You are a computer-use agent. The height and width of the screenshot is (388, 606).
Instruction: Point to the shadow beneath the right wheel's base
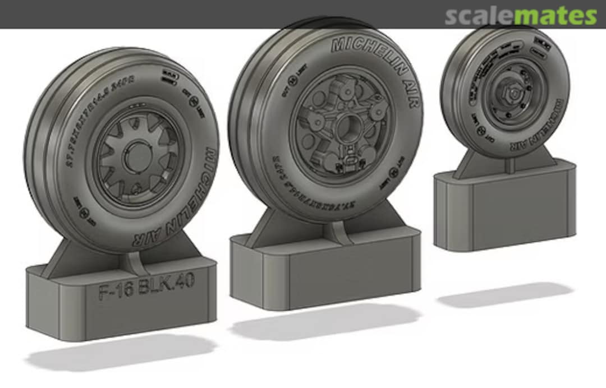(x=505, y=295)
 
